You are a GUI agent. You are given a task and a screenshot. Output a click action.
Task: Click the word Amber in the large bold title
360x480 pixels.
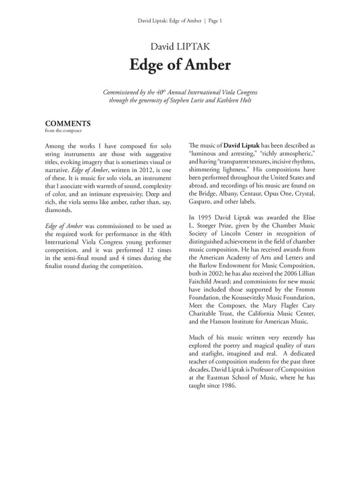point(207,65)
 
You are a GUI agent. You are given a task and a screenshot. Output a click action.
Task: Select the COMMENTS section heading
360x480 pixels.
point(68,124)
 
